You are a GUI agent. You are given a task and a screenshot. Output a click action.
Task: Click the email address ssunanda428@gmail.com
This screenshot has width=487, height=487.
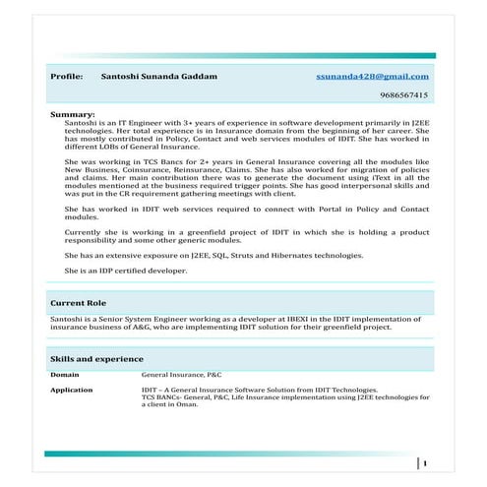(373, 76)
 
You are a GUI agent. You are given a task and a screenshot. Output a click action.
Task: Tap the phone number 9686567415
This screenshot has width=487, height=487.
(403, 95)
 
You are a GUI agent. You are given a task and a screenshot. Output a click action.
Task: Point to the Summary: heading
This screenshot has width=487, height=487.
(72, 115)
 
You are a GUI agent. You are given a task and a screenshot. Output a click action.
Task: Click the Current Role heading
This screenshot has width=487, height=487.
(79, 303)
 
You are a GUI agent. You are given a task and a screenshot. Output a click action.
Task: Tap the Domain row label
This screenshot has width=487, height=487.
(65, 375)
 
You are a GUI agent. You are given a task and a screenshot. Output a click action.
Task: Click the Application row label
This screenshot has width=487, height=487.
(72, 391)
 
